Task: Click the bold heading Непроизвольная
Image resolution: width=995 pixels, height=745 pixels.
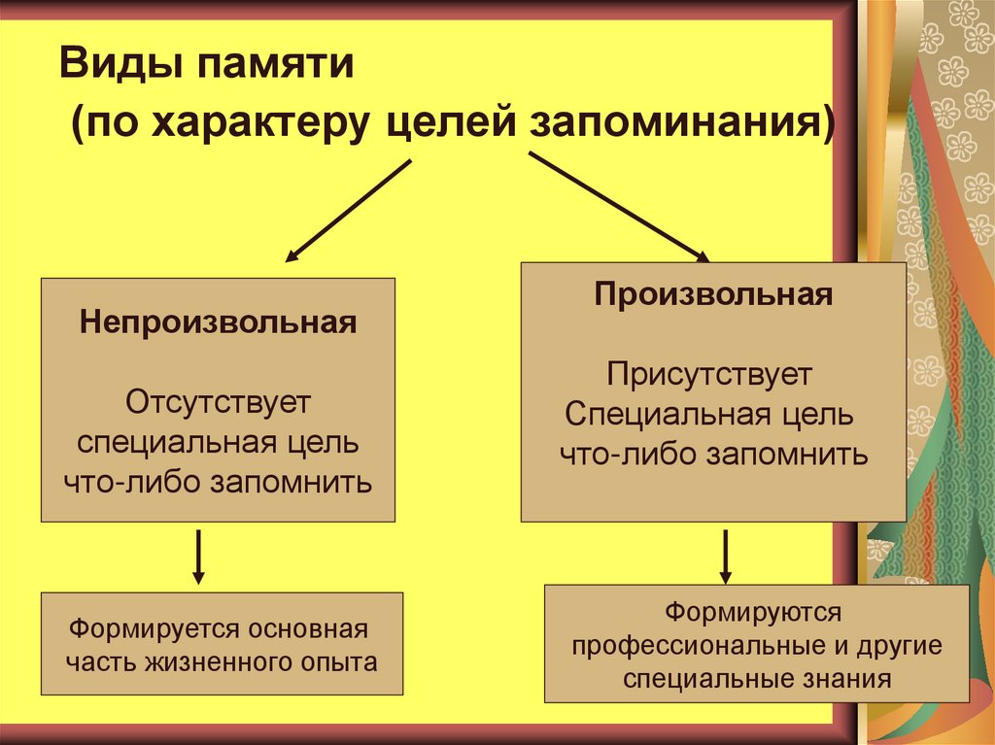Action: coord(219,322)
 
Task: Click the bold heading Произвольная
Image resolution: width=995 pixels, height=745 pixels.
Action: coord(714,295)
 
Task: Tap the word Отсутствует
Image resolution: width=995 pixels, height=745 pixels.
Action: coord(218,401)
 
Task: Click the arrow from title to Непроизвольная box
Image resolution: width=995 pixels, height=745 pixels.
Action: coord(347,211)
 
